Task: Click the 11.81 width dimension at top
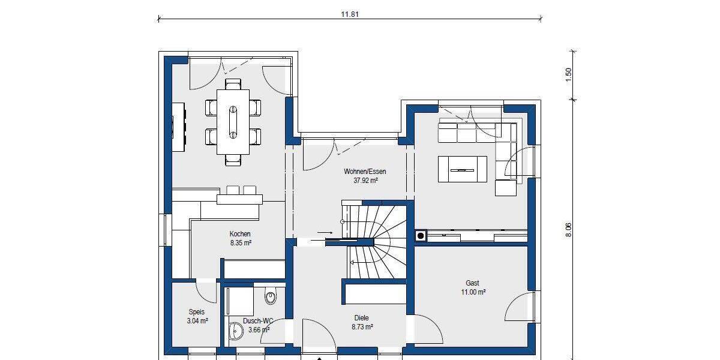coord(349,15)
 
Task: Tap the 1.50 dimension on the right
coord(569,74)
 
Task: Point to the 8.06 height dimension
coord(569,230)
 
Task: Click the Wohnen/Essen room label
coord(361,172)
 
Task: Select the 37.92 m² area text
coord(361,180)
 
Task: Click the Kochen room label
coord(240,234)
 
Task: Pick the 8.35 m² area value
coord(240,243)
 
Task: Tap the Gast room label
coord(472,283)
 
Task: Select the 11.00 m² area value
coord(472,292)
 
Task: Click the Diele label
coord(362,318)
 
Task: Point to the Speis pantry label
coord(197,312)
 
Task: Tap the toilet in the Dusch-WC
coord(270,295)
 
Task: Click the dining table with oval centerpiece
coord(233,122)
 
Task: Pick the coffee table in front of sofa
coord(463,169)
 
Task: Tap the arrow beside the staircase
coord(324,232)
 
